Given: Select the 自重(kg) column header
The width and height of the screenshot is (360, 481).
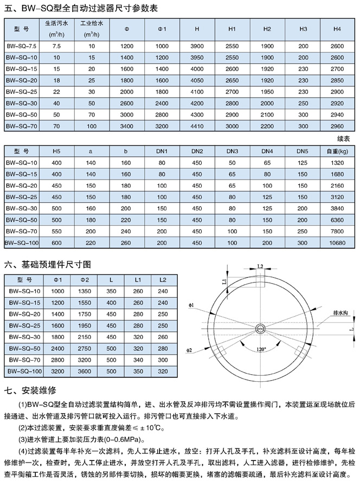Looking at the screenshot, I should click(338, 151).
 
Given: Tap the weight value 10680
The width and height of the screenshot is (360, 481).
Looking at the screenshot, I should click(338, 242).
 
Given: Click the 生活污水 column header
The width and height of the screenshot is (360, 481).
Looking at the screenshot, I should click(56, 28).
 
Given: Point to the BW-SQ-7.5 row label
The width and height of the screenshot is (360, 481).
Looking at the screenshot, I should click(22, 47).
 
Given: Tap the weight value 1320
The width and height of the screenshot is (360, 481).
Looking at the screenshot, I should click(338, 162).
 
